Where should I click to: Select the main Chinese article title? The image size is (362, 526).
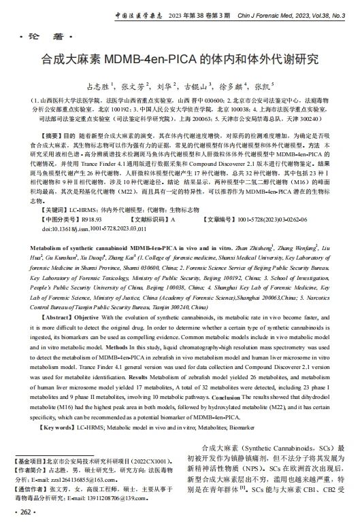[x=180, y=59]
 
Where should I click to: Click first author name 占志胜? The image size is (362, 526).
[x=99, y=87]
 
